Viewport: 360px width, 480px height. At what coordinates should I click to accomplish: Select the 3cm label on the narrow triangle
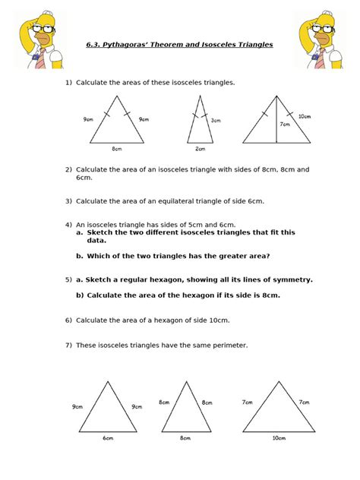click(x=216, y=120)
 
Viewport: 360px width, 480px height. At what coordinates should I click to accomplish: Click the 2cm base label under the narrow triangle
click(x=200, y=149)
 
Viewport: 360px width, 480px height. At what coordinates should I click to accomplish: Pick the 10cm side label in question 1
click(x=304, y=116)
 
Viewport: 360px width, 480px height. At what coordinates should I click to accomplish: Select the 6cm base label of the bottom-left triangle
click(x=109, y=437)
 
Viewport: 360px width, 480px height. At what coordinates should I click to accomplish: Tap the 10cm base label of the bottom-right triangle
click(x=278, y=437)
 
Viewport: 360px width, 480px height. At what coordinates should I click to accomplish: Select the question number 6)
click(x=68, y=320)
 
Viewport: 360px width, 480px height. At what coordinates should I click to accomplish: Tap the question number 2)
click(x=68, y=169)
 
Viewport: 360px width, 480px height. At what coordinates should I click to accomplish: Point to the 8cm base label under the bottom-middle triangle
click(x=185, y=437)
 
